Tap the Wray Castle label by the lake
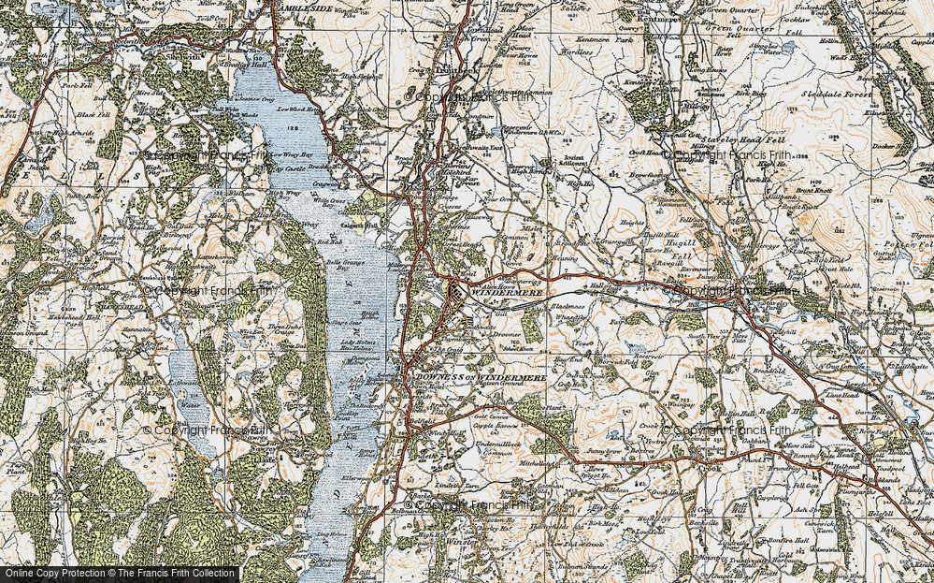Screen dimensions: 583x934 click(287, 168)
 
